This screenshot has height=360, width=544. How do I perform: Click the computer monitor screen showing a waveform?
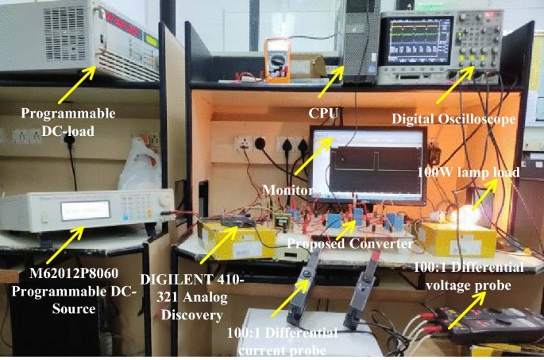coord(369,164)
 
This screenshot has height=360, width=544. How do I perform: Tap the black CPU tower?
coord(362,40)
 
